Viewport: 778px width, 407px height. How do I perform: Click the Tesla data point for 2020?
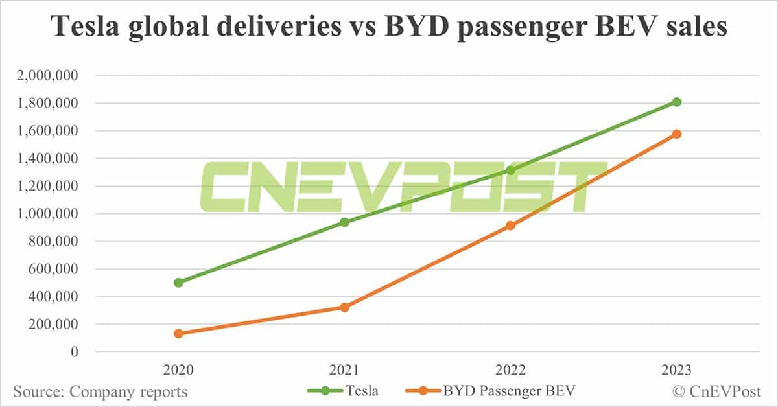tap(178, 283)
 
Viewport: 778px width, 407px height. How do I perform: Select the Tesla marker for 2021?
tap(344, 222)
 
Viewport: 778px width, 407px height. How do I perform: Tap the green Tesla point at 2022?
tap(510, 170)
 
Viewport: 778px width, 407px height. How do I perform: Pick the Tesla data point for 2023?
tap(676, 102)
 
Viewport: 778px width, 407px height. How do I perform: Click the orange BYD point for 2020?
tap(178, 333)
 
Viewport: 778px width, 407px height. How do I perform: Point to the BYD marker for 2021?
tap(344, 307)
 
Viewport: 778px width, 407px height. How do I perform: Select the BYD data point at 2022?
tap(510, 226)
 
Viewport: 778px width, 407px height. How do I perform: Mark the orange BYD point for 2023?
tap(676, 134)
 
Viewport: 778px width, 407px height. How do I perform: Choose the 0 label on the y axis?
tap(74, 352)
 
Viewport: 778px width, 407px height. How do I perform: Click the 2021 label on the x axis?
tap(344, 371)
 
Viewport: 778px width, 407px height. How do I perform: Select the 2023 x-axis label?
tap(676, 371)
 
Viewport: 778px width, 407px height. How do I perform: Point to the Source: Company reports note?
tap(100, 391)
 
